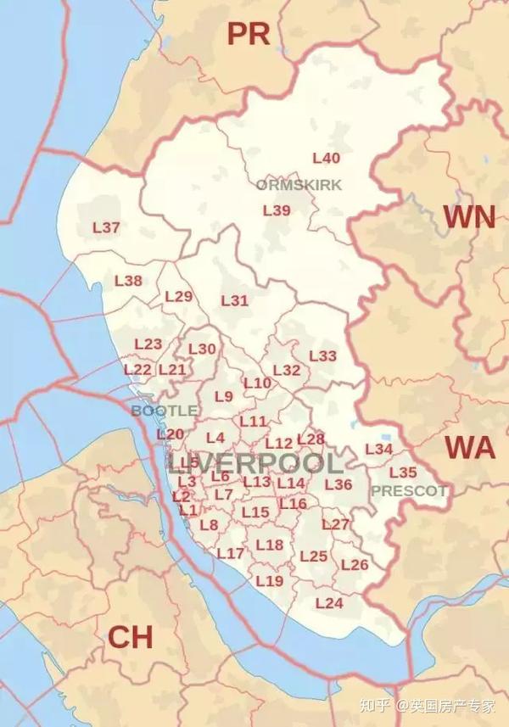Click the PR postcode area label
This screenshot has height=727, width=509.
pos(248,34)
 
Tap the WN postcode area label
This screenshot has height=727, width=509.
pos(469,217)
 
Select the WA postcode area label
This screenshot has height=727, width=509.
pos(470,446)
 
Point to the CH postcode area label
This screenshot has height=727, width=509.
pos(130,636)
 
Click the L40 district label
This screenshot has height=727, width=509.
pos(327,158)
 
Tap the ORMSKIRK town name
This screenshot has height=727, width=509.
pos(288,185)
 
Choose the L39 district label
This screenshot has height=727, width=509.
pos(277,210)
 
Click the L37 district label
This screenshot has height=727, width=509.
pos(106,227)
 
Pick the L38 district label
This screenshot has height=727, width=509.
pos(128,281)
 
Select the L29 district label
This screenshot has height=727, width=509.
pos(179,296)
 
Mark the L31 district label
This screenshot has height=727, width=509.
pos(234,300)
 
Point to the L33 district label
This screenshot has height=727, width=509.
pos(322,355)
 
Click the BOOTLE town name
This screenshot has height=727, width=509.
pos(164,411)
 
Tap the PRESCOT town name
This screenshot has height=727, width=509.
pos(409,490)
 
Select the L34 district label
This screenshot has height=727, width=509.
pos(378,449)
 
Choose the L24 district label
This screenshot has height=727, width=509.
pos(328,603)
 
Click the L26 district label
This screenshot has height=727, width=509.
pos(354,565)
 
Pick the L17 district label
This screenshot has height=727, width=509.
pos(231,553)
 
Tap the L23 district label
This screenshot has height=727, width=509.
pos(148,344)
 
